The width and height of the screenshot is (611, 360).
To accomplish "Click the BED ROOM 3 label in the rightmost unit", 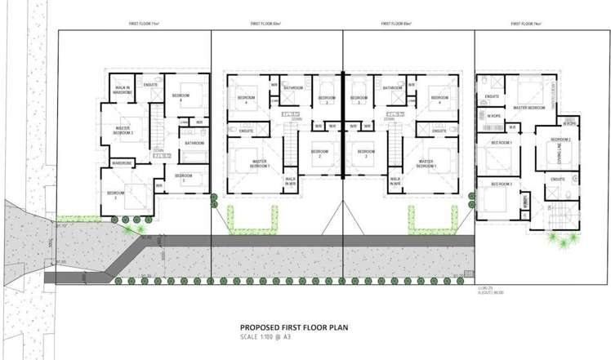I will click(501, 184).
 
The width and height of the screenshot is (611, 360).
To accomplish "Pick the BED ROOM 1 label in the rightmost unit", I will click(501, 142).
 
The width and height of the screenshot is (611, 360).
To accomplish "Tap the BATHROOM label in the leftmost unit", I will click(194, 143).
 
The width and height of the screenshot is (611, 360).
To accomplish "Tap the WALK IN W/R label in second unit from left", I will click(290, 181).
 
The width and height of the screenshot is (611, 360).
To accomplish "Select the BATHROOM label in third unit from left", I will click(391, 87).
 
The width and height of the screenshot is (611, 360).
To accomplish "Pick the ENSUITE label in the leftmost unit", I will click(150, 83).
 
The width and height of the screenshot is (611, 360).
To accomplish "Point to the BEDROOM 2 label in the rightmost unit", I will click(560, 140).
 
